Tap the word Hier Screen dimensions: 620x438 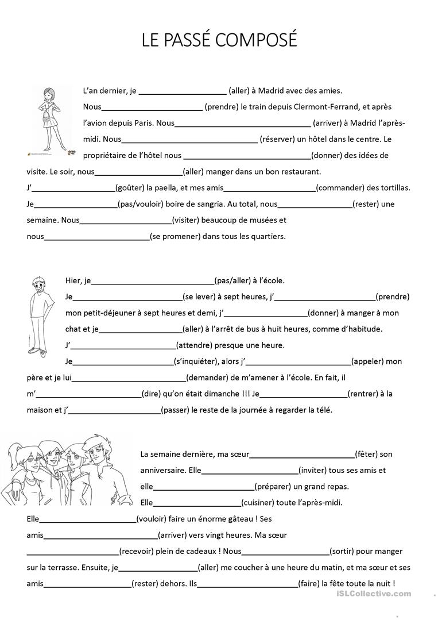[74, 280]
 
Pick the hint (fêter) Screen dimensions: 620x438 [366, 454]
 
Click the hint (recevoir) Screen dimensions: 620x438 [137, 551]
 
